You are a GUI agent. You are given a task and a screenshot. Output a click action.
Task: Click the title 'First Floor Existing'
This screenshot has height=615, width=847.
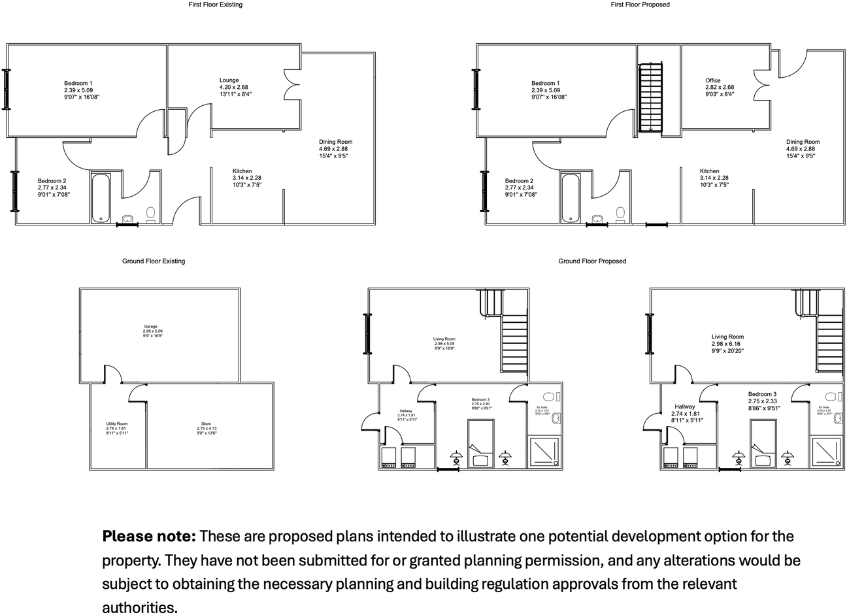(215, 5)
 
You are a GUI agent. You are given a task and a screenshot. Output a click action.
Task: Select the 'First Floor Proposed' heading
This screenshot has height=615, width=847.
(640, 5)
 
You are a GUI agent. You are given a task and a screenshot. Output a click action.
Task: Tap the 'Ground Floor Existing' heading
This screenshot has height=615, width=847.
(154, 261)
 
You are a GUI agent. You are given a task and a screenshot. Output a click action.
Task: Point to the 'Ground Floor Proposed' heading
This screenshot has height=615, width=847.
(592, 261)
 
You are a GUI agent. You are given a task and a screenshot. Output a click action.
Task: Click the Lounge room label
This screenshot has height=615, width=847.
(229, 80)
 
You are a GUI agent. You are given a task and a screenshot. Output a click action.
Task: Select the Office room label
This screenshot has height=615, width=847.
(712, 80)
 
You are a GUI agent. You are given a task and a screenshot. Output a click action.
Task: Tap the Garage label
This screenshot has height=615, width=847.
(150, 327)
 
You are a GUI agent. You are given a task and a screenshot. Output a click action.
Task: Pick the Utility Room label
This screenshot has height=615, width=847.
(116, 424)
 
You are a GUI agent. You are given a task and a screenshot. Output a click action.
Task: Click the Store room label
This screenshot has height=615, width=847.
(206, 424)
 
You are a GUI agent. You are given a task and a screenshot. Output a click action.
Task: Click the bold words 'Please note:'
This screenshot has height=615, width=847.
(149, 537)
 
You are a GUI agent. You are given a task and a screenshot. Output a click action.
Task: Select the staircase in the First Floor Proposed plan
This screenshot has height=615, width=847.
(650, 96)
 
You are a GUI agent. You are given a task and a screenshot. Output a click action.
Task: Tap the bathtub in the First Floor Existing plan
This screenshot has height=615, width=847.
(101, 197)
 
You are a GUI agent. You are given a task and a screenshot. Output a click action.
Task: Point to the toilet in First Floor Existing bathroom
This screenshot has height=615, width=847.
(151, 214)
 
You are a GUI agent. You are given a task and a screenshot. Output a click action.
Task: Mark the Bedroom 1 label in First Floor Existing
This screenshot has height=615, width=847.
(78, 83)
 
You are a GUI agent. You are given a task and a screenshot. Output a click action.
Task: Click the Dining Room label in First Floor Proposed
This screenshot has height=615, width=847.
(803, 142)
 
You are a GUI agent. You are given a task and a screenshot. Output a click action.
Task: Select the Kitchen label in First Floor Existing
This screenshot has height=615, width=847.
(242, 171)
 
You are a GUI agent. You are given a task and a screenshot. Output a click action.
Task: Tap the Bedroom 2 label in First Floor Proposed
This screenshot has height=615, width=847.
(519, 181)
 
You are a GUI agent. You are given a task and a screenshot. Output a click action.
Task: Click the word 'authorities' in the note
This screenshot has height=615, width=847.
(139, 607)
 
